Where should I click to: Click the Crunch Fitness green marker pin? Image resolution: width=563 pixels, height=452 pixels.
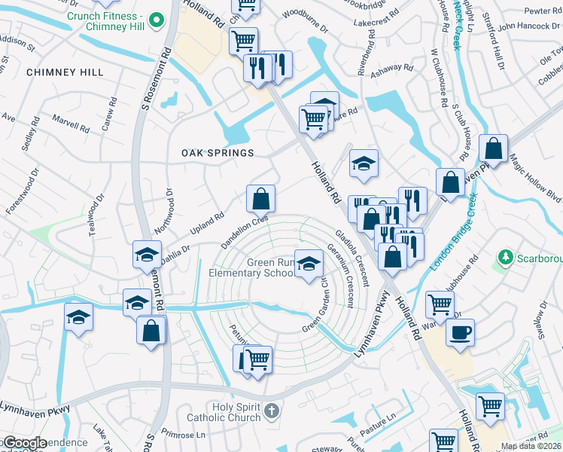pyautogui.click(x=157, y=18)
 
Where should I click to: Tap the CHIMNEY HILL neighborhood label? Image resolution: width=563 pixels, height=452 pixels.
pyautogui.click(x=64, y=72)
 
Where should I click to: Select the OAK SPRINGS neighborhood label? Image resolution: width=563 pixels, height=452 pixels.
pyautogui.click(x=218, y=153)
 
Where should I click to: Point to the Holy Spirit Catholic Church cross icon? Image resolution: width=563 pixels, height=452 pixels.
pyautogui.click(x=273, y=411)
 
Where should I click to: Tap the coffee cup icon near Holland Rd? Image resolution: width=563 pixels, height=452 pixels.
pyautogui.click(x=459, y=332)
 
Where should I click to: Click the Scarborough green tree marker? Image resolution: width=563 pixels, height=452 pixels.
pyautogui.click(x=504, y=258)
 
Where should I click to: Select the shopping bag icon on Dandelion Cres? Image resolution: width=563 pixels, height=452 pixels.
pyautogui.click(x=260, y=200)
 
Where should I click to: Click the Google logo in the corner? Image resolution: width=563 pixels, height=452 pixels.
pyautogui.click(x=24, y=443)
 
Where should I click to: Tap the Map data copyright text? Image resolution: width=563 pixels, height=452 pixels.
pyautogui.click(x=530, y=446)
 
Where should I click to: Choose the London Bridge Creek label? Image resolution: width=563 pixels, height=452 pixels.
pyautogui.click(x=454, y=237)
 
